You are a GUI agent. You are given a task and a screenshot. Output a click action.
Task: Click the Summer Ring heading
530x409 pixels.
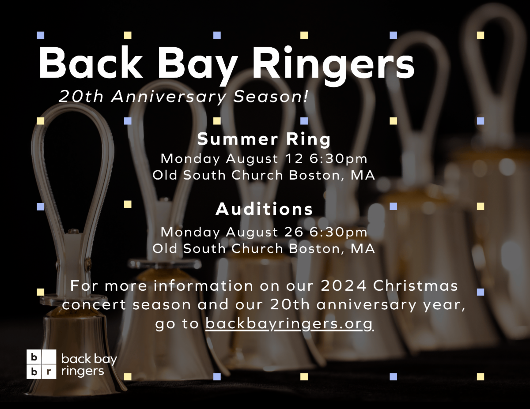[264, 139]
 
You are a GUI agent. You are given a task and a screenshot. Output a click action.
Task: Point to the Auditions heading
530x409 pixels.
[264, 209]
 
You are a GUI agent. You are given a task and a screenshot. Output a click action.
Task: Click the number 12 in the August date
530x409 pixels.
[294, 158]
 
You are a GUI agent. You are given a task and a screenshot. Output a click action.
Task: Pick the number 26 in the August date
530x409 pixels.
[294, 232]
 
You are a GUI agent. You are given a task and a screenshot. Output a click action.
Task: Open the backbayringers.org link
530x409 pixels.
[289, 324]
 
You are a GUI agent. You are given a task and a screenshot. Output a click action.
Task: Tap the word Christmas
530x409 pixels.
[415, 285]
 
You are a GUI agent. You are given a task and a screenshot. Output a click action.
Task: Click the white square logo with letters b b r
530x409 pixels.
[42, 364]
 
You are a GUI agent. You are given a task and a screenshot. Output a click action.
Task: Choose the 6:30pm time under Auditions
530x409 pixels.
[338, 233]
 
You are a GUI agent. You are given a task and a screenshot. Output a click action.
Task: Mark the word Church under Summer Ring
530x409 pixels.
[257, 175]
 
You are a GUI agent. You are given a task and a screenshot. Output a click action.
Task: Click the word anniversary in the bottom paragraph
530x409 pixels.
[366, 305]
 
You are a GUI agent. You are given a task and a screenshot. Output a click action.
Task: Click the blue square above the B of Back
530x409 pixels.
[41, 35]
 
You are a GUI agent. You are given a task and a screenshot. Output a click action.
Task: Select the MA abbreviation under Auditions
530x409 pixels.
[363, 249]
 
